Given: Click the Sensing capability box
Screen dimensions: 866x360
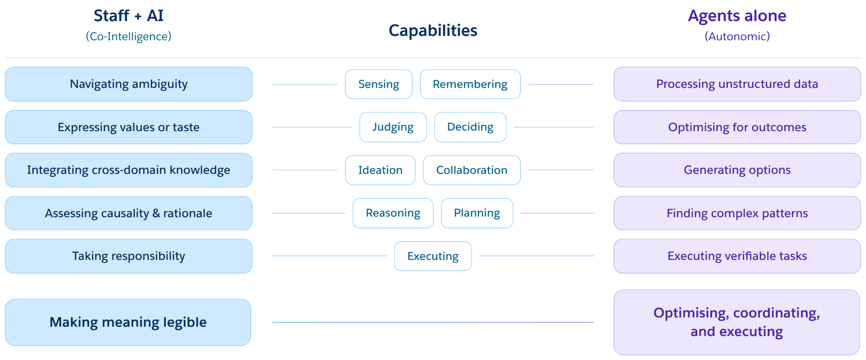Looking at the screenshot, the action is pos(378,84).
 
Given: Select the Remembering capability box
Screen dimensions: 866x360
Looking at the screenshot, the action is pos(470,84).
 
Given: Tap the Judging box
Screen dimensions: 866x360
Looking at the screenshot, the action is pos(393,127).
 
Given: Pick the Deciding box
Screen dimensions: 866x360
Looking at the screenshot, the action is pos(470,127).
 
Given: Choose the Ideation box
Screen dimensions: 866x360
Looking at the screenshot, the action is pos(380,170).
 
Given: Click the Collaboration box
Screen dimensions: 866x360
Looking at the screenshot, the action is pos(472,170).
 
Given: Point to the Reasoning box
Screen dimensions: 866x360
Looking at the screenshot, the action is pos(393,213).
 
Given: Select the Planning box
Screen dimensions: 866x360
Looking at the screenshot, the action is pos(477,213).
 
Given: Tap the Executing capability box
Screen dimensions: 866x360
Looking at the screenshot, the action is pos(433,256).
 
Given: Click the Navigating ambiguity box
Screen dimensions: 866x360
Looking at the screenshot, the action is pos(129,84).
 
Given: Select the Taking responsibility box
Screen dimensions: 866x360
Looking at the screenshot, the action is pos(129,256).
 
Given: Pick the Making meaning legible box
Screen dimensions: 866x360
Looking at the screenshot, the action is pos(128,322).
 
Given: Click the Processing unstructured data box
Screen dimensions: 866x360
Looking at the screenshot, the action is pos(737,84).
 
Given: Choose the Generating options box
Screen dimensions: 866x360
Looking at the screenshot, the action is pos(737,170).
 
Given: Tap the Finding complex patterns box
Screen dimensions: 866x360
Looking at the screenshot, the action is pos(737,213).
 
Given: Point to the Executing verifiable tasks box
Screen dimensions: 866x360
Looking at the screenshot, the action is pos(737,256).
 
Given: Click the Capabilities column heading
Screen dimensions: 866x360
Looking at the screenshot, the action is pos(433,30).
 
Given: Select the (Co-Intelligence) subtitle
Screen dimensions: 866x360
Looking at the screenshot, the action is pos(129,36).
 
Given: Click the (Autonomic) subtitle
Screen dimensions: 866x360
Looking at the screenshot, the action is pos(737,36).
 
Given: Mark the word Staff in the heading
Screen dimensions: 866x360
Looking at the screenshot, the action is pos(111,16).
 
